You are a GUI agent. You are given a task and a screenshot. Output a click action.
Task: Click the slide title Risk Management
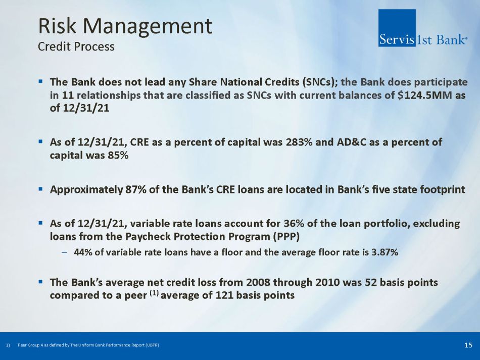coord(125,27)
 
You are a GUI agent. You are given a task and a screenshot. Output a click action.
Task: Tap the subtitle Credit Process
coord(76,46)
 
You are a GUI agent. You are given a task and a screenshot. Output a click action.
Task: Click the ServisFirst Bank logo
coord(423,28)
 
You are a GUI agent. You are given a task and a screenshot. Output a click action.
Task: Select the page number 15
coord(468,345)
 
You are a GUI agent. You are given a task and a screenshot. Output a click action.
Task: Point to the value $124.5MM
coord(424,95)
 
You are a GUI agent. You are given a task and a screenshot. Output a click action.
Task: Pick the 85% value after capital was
coord(118,156)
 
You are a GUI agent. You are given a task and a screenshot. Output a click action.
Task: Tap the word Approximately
coord(86,190)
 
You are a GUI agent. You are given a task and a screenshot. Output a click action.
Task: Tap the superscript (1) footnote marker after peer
coord(154,293)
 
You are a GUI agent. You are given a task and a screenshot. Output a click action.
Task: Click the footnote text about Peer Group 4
coord(88,345)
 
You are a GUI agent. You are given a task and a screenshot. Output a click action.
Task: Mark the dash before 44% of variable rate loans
coord(64,252)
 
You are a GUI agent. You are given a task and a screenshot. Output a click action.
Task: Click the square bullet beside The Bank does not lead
coord(40,82)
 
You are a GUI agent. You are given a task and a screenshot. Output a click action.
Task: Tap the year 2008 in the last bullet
coord(258,282)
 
